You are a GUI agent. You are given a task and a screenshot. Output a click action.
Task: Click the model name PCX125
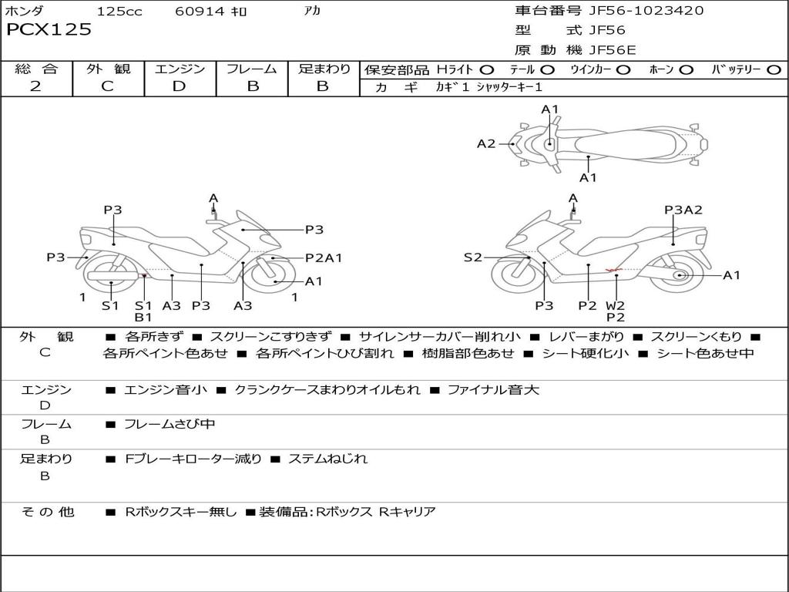click(49, 30)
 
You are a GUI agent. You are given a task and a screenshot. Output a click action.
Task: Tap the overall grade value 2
click(35, 86)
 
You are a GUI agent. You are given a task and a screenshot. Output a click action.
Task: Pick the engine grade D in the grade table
click(179, 86)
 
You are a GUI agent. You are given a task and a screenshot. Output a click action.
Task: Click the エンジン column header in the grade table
click(180, 69)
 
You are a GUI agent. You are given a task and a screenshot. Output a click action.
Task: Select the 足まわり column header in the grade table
click(324, 69)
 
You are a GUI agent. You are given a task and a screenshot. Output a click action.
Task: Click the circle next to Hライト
click(486, 70)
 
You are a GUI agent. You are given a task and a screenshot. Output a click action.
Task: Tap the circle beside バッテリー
click(774, 70)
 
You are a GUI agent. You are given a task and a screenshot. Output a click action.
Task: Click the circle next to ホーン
click(686, 70)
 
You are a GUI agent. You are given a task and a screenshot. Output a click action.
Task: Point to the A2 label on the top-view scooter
click(485, 143)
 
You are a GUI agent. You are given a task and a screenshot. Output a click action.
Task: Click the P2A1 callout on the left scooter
click(324, 258)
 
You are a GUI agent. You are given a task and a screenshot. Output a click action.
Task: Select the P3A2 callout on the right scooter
click(683, 210)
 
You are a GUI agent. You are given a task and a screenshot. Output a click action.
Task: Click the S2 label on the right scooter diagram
click(472, 258)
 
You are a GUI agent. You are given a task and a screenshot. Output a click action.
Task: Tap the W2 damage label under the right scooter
click(616, 305)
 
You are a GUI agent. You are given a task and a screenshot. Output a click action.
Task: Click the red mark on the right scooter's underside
click(614, 270)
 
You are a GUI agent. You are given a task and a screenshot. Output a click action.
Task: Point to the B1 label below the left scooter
click(143, 317)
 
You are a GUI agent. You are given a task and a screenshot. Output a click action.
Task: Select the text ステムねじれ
click(327, 459)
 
